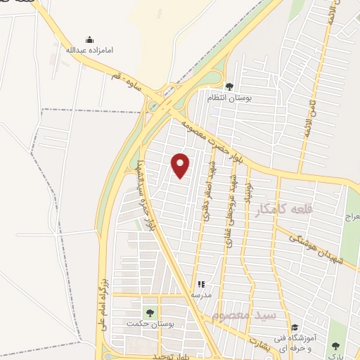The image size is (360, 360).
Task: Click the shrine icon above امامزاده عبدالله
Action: (x=89, y=39)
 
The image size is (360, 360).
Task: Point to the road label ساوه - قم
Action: (x=127, y=82)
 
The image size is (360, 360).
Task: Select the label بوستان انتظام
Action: (x=229, y=97)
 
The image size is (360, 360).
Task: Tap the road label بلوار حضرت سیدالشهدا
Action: (x=141, y=198)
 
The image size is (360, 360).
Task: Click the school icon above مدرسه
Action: (x=201, y=285)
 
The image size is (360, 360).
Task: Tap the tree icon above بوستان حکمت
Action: (x=148, y=312)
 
